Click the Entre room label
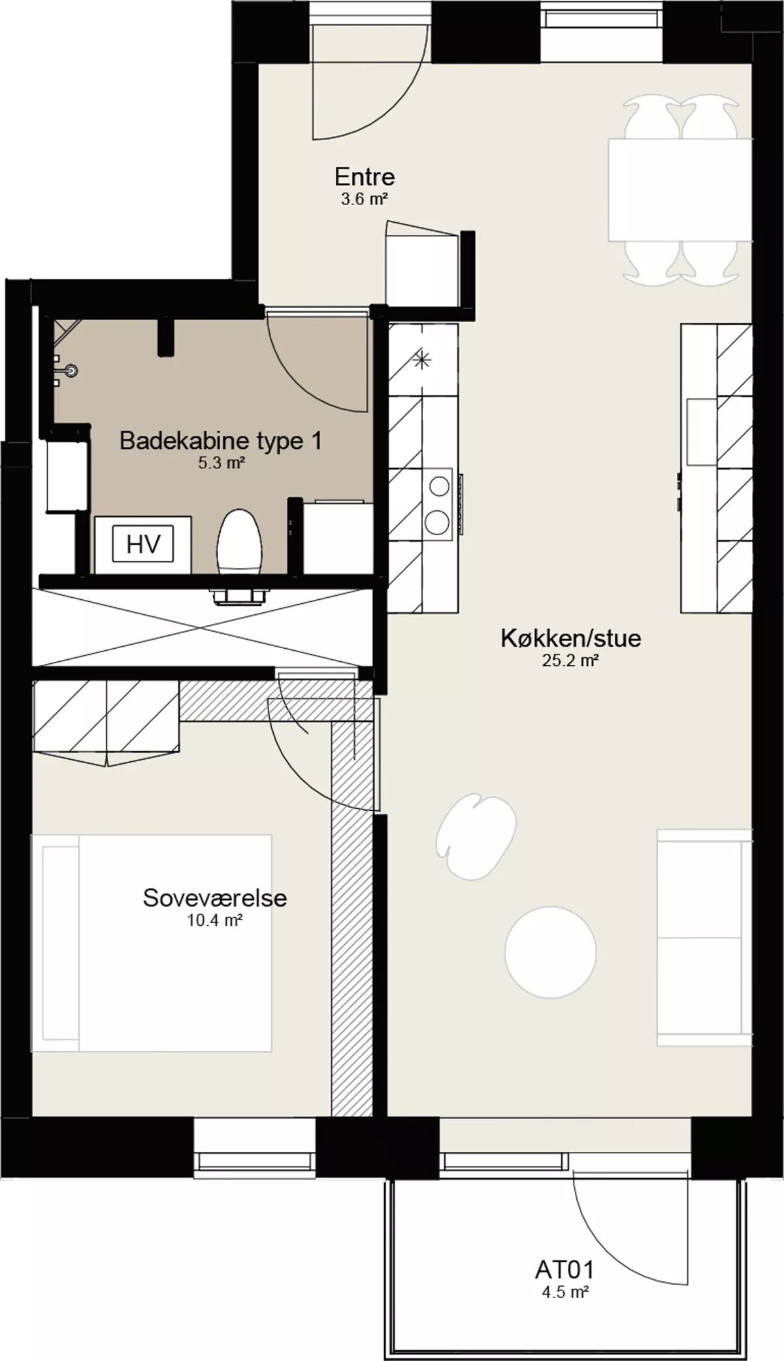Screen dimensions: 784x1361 pos(365,177)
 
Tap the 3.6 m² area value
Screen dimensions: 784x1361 pos(365,199)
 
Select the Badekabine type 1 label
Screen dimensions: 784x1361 pos(221,442)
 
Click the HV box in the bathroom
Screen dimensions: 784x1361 pos(143,544)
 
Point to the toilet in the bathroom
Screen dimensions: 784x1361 pos(239,542)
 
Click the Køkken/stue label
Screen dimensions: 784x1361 pos(571,638)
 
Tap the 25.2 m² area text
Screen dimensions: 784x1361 pos(570,661)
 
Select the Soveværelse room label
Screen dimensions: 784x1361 pos(215,898)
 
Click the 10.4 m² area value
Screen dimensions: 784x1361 pos(215,921)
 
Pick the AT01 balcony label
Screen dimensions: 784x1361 pos(564,1270)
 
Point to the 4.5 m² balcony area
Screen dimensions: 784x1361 pos(564,1292)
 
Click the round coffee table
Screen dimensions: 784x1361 pos(550,951)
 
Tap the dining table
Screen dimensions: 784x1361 pos(680,189)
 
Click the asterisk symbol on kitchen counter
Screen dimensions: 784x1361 pos(423,358)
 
